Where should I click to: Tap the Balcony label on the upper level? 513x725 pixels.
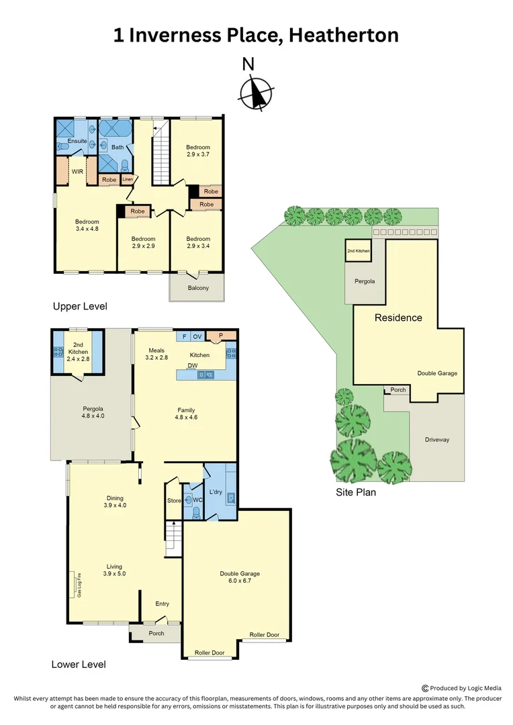coord(198,288)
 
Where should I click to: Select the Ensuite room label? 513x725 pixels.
coord(67,141)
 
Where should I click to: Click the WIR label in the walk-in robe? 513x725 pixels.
coord(77,171)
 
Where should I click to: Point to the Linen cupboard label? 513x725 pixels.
coord(128,180)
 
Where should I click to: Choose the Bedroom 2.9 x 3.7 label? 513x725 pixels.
coord(198,151)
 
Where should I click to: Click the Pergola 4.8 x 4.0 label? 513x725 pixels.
coord(93,412)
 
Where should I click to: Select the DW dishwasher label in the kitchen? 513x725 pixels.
coord(193,366)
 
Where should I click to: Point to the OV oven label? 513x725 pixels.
coord(197,336)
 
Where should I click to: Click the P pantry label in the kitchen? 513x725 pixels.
coord(219,335)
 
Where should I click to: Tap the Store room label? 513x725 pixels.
coord(173,501)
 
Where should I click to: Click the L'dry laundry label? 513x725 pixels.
coord(216,492)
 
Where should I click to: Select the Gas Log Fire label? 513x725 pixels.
coord(79,585)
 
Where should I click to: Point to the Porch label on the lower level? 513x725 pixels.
coord(156,633)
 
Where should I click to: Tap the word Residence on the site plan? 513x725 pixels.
coord(398,318)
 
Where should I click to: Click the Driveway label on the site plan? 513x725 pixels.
coord(436,440)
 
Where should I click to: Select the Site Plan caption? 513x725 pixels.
coord(356,492)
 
